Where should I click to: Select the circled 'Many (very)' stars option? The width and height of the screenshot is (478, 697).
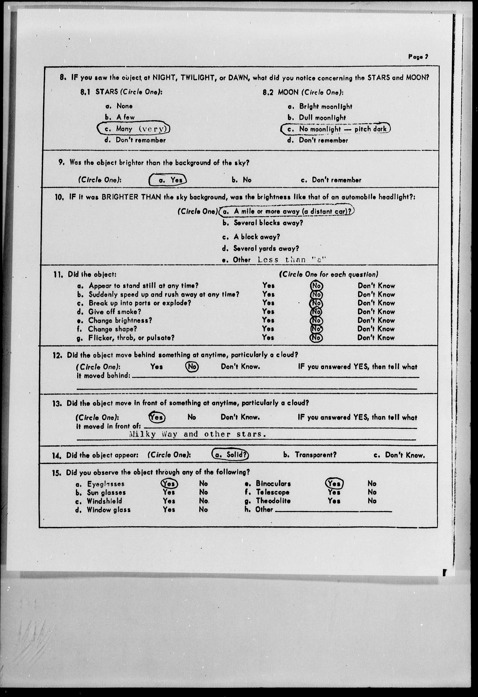133,129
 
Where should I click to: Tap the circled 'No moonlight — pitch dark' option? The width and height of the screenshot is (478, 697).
336,129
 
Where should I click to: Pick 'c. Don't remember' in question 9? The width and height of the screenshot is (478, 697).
331,180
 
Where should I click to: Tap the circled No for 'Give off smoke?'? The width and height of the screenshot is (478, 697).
316,312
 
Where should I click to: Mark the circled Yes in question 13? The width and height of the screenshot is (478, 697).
157,417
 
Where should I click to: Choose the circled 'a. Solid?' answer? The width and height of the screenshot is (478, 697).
230,455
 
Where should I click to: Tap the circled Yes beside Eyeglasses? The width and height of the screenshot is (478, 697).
169,483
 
